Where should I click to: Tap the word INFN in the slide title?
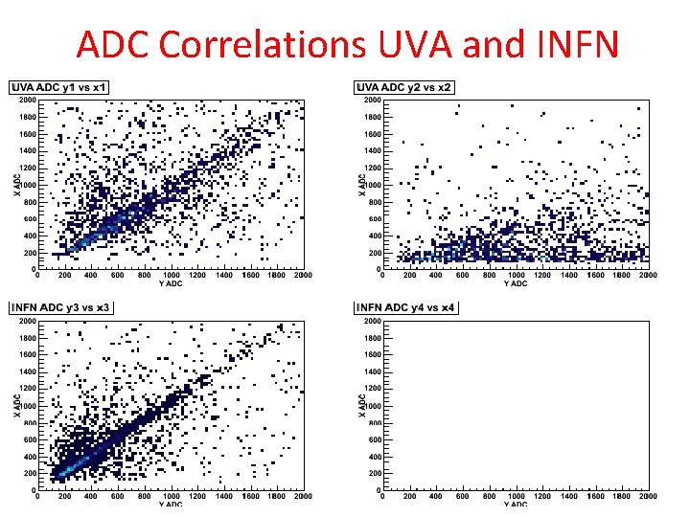point(569,44)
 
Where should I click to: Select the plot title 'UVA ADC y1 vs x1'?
point(60,88)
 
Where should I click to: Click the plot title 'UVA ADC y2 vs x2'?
point(404,88)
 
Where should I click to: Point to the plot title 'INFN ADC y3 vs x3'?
point(62,307)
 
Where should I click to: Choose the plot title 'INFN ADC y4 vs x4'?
point(406,307)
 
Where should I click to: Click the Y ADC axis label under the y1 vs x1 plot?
point(172,283)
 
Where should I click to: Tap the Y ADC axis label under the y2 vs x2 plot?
point(516,283)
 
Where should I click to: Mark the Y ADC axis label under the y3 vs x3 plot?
point(172,504)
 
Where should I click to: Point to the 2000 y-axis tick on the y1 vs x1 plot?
point(27,99)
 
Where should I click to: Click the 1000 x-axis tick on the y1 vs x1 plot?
point(171,275)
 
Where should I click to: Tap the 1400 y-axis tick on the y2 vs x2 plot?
point(372,150)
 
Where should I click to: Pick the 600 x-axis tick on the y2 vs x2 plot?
point(463,275)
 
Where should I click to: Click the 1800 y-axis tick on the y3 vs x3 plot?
point(27,336)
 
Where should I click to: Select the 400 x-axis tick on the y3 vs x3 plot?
point(91,495)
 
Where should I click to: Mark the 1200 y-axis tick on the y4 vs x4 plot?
point(372,388)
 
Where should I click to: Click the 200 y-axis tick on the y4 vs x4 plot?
point(374,474)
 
